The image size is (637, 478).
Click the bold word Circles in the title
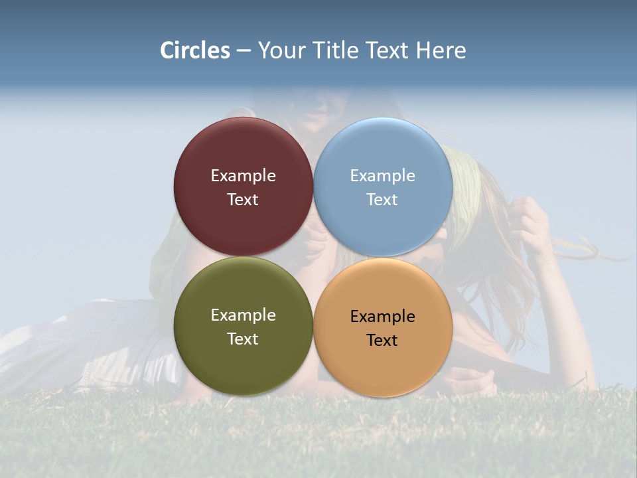tap(195, 50)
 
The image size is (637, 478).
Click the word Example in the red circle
tap(243, 176)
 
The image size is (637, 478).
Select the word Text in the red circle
tap(243, 200)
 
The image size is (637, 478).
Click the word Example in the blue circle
tap(382, 176)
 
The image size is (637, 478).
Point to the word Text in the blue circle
tap(382, 200)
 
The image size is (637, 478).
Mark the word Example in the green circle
tap(243, 315)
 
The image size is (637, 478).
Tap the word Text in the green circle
tap(243, 339)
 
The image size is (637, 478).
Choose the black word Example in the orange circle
tap(382, 317)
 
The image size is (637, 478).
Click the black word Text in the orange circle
tap(382, 341)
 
